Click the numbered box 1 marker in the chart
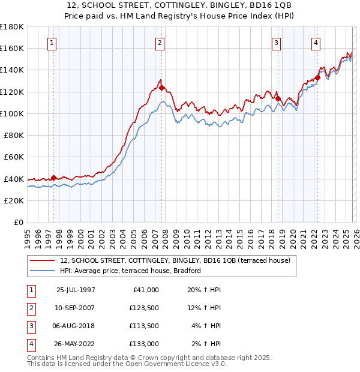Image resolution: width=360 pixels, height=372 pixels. [53, 43]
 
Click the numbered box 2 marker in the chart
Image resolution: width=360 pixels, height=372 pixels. [160, 43]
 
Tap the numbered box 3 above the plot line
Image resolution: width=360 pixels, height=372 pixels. [276, 43]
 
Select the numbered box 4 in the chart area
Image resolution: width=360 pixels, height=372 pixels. [316, 43]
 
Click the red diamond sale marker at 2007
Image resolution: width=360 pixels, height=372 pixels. [161, 88]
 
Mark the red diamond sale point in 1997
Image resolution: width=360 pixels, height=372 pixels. [53, 178]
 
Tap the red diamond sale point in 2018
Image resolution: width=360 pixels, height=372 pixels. [278, 99]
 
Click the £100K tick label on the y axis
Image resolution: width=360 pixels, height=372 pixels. [12, 113]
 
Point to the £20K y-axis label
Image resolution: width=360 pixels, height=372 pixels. [14, 200]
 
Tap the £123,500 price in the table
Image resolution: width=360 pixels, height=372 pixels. [143, 308]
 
